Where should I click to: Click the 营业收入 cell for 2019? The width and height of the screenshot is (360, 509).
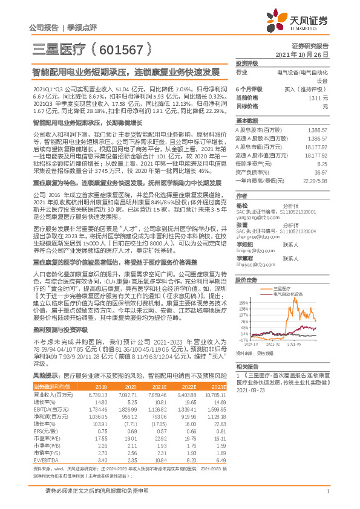(99, 394)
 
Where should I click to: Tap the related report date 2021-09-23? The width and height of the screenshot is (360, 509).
(250, 390)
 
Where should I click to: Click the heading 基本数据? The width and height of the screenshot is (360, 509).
(247, 120)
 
